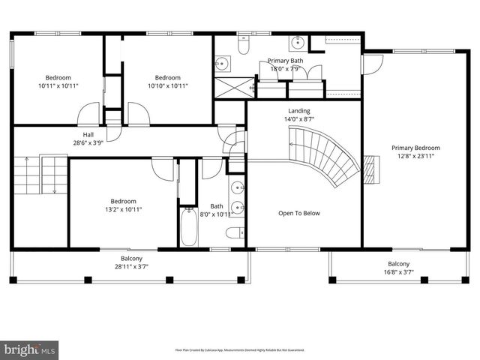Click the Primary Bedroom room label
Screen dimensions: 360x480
415,148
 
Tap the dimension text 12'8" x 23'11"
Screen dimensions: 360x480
415,157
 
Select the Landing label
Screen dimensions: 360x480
298,111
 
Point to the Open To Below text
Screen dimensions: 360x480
299,213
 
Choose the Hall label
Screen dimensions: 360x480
88,134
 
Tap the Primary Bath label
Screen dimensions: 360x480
286,61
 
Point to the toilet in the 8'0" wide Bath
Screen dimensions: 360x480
235,232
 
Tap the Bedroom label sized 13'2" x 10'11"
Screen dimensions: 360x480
123,201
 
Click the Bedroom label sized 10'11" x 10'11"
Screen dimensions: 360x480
58,77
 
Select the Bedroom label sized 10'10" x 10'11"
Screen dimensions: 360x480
167,77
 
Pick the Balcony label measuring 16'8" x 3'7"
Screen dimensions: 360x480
398,263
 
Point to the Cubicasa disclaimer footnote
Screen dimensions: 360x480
239,349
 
